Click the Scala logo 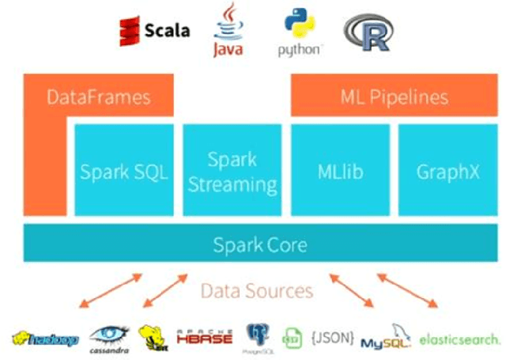(x=154, y=31)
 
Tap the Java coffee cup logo (x=228, y=29)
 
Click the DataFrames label (x=99, y=98)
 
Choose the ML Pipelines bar (x=395, y=97)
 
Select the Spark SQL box (x=123, y=171)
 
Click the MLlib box (x=340, y=171)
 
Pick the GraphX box (x=447, y=171)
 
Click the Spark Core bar (x=259, y=244)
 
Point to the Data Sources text (x=257, y=290)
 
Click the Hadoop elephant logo (x=45, y=339)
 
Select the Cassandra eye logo (x=109, y=338)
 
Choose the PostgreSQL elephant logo (x=258, y=336)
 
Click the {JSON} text (x=332, y=336)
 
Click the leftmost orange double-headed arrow (x=110, y=291)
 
